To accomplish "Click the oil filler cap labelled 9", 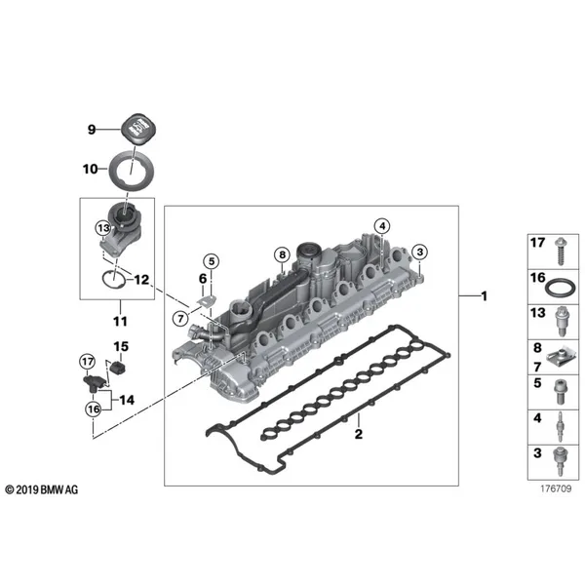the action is pos(137,129).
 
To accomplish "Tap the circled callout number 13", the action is pos(103,228).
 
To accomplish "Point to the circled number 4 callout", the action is pos(382,226).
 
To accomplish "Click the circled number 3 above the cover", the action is pos(419,252).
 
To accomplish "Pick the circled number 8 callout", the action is pos(282,254).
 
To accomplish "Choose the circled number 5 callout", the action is pos(212,261).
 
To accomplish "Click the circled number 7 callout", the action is pos(180,319).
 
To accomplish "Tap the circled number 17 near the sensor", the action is pos(88,361).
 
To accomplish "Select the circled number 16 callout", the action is pos(94,409).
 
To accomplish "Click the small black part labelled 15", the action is pos(119,369).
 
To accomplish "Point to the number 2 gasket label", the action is pos(359,434).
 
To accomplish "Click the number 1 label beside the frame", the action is pos(485,296).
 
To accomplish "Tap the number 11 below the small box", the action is pos(120,321).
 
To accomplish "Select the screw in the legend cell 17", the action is pos(560,251).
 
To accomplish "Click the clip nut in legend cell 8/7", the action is pos(561,358).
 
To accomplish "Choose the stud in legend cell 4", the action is pos(561,427).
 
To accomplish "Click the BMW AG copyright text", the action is pos(42,489).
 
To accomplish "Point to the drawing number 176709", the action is pos(556,488).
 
